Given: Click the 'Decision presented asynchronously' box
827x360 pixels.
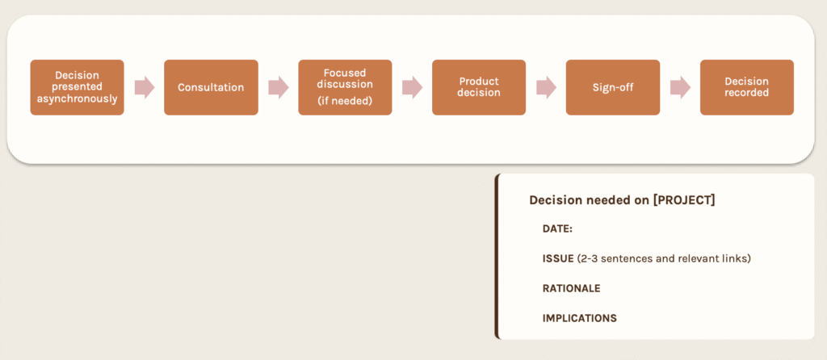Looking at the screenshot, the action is [77, 87].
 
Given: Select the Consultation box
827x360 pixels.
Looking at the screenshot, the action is [211, 87].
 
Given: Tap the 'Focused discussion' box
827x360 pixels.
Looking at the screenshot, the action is [345, 87].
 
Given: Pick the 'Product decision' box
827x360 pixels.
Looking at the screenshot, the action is [479, 87].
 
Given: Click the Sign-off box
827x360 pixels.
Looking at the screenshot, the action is [613, 87].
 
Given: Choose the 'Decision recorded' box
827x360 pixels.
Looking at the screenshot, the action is [747, 87].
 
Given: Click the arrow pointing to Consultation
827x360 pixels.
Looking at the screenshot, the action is [145, 87].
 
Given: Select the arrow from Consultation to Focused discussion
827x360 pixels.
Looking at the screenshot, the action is [279, 87].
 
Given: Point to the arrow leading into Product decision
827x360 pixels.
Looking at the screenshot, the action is [413, 87].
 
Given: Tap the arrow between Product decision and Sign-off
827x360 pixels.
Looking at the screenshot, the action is [547, 87].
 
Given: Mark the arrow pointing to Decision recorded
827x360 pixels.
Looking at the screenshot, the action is [680, 87].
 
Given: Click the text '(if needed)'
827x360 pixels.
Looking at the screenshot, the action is [345, 101].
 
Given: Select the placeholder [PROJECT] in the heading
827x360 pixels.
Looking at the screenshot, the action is [683, 200].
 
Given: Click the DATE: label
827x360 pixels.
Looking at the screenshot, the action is [557, 229].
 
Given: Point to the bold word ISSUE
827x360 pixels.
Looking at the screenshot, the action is [558, 259].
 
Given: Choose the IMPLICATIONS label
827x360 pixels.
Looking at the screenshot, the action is [580, 318].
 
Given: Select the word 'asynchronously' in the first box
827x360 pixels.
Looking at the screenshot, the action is [77, 98].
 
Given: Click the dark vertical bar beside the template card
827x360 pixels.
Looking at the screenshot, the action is [497, 256].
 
